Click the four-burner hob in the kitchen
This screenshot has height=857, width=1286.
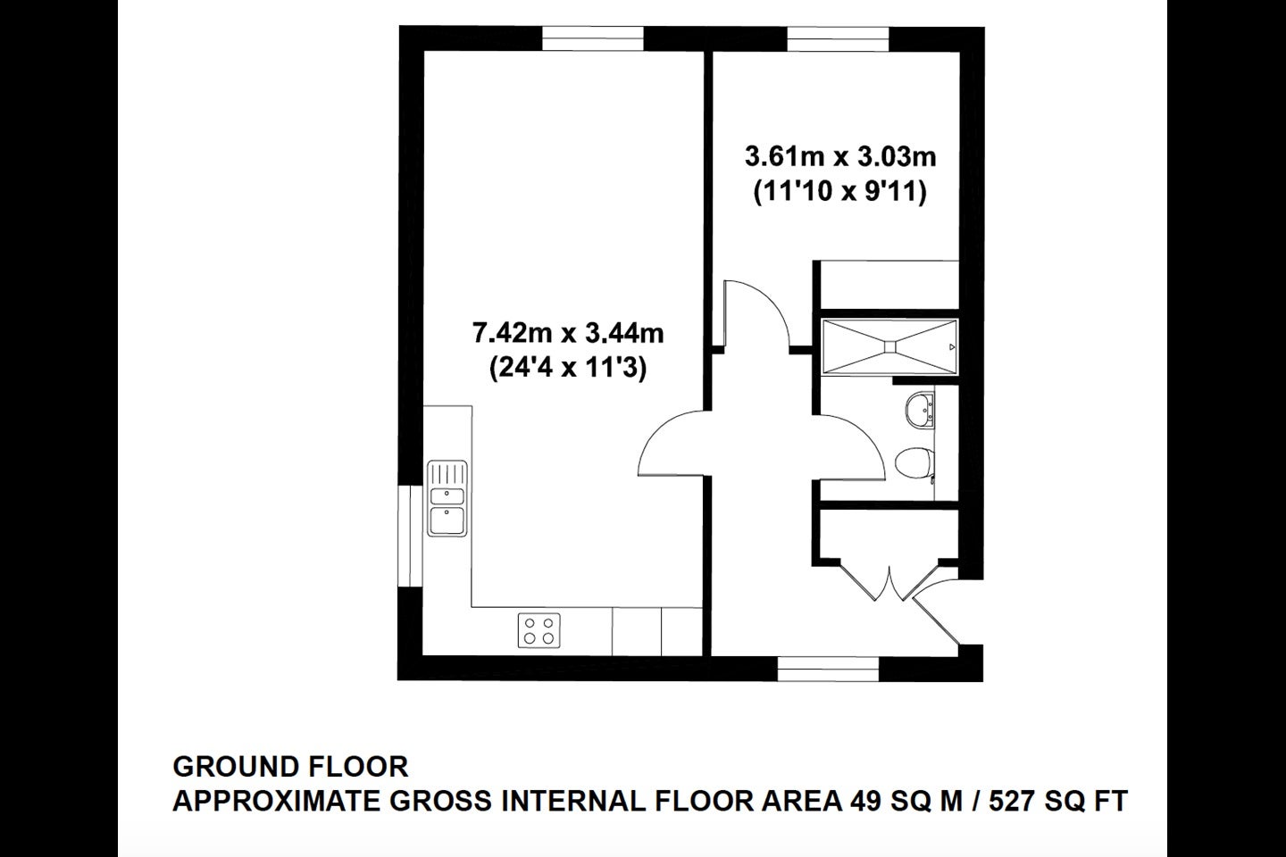click(539, 630)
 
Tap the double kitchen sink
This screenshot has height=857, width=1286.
click(447, 497)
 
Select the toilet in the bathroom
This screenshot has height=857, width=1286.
click(914, 462)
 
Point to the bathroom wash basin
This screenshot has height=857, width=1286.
click(920, 409)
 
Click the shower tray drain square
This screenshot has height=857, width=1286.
click(889, 346)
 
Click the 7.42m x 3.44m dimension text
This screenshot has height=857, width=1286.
click(568, 333)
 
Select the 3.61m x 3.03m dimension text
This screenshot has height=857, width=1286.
click(840, 157)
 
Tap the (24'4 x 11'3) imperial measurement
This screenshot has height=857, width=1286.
click(568, 368)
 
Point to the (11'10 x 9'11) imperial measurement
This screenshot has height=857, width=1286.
click(839, 191)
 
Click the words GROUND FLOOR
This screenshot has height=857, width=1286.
click(290, 767)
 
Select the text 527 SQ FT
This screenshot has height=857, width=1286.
click(1058, 802)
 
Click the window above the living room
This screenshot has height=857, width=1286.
click(592, 39)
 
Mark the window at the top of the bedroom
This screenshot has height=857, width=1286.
click(838, 39)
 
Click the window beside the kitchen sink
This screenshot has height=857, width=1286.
click(411, 537)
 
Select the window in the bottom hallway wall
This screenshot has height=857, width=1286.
click(829, 669)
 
